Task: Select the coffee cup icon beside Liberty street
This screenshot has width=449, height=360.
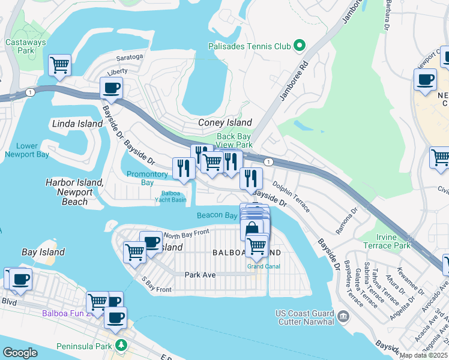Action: [111, 89]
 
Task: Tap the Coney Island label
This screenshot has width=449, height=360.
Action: [225, 122]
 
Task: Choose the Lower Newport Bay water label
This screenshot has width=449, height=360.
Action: [26, 150]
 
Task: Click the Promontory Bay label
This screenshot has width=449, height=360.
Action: [147, 178]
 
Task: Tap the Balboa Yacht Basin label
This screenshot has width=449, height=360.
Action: [170, 196]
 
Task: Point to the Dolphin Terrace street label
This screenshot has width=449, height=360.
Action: [291, 196]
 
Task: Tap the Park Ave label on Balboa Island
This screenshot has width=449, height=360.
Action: [200, 275]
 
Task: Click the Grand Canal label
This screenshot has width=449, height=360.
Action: [262, 266]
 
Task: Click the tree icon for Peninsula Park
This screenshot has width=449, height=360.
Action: [122, 346]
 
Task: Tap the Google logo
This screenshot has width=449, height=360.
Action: [20, 353]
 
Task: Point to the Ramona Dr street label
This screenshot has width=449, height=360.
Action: [346, 221]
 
